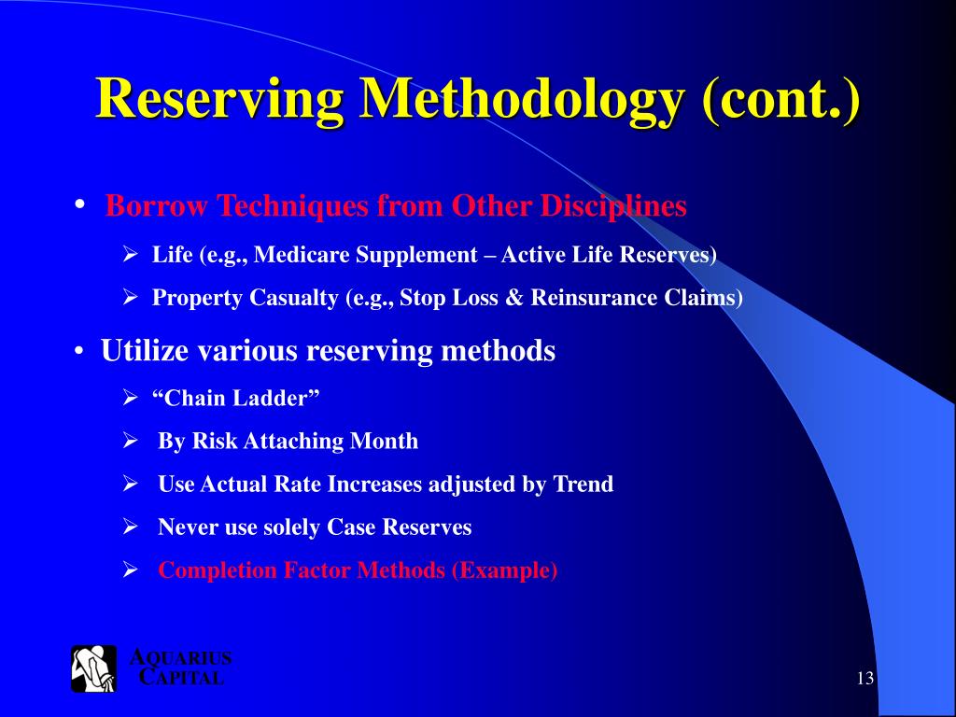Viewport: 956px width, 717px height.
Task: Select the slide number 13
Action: [x=865, y=678]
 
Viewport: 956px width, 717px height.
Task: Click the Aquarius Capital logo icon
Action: [x=94, y=668]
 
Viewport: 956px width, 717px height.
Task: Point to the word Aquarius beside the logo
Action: [x=179, y=658]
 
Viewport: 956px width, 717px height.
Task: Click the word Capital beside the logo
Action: [x=181, y=678]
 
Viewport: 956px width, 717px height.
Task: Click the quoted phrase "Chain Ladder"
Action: [x=236, y=398]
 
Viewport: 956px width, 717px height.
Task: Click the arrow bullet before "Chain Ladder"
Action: [x=131, y=398]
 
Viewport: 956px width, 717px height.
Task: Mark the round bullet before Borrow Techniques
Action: [x=81, y=204]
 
